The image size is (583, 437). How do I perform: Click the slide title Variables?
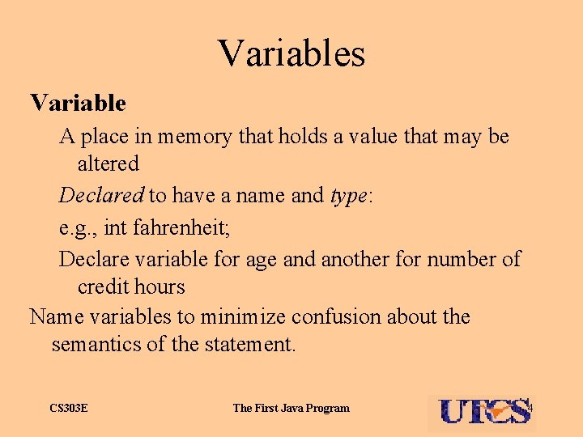click(291, 53)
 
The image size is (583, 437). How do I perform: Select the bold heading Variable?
click(78, 104)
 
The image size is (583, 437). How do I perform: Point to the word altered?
click(109, 163)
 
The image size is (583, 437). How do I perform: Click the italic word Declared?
click(101, 195)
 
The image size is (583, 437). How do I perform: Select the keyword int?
click(116, 228)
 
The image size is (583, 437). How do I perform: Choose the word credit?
click(104, 286)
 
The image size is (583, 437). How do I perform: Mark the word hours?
click(160, 286)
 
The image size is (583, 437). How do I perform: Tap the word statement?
click(249, 345)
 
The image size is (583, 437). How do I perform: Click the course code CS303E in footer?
click(68, 408)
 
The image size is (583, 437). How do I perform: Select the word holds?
click(299, 137)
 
